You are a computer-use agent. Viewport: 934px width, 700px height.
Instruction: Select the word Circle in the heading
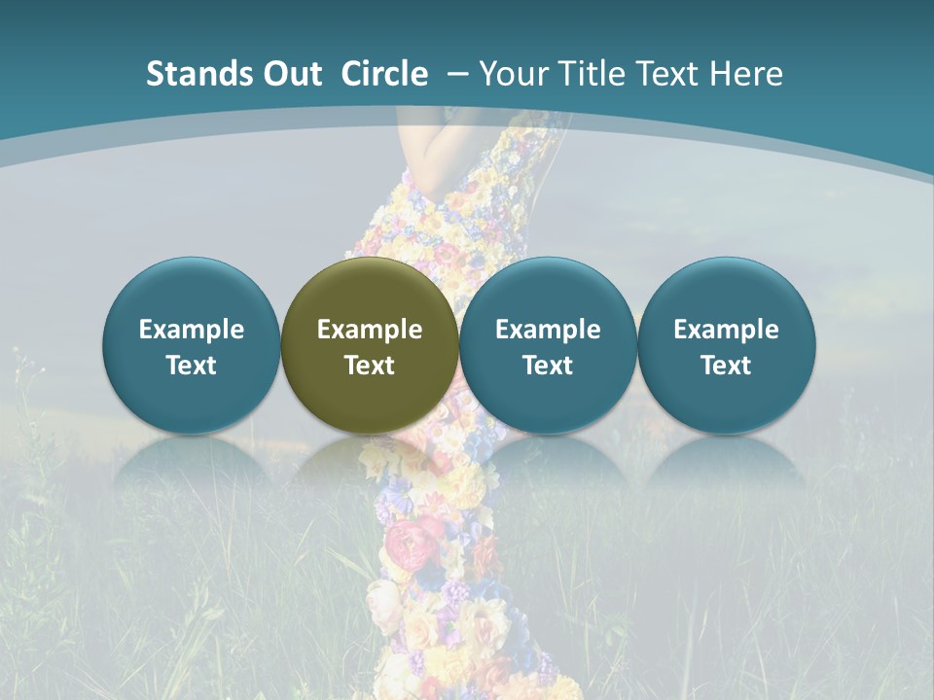coord(384,74)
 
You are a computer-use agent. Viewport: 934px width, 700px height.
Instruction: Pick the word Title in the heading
coord(590,74)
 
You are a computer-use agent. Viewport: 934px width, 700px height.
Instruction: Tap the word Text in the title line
coord(670,74)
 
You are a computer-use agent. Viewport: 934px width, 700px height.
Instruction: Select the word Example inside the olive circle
coord(370,330)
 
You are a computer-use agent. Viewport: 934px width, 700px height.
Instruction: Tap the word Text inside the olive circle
coord(370,366)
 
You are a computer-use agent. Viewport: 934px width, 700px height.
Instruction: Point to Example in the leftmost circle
coord(192,330)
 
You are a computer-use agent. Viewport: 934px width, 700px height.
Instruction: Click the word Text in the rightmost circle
coord(727,366)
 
